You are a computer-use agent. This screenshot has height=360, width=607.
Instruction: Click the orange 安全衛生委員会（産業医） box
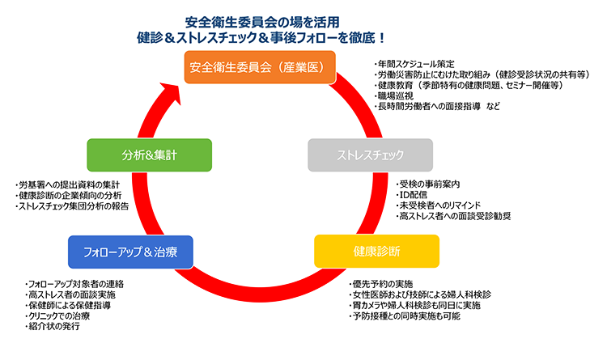[260, 67]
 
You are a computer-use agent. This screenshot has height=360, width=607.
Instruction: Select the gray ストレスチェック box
[370, 155]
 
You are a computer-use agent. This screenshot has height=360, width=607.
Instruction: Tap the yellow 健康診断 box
[376, 252]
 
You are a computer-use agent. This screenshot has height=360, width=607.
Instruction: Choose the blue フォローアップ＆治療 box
[130, 252]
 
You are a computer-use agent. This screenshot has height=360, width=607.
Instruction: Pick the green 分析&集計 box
[150, 155]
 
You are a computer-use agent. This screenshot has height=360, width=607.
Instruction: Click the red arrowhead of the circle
[171, 92]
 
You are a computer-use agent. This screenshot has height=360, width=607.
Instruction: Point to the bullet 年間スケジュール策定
[414, 64]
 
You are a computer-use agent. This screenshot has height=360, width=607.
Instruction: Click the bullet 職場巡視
[393, 95]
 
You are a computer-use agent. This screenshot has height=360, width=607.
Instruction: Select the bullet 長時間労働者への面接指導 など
[437, 106]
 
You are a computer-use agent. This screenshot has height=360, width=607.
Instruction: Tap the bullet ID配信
[412, 195]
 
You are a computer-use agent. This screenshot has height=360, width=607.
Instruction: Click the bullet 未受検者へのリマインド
[438, 205]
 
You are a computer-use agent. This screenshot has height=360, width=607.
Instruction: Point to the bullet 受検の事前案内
[428, 184]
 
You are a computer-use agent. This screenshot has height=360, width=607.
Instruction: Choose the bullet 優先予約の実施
[381, 284]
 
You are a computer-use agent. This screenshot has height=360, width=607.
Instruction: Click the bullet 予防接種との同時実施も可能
[405, 316]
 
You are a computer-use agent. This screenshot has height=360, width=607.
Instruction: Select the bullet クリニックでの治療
[57, 316]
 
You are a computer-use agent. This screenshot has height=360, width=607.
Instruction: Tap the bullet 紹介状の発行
[53, 326]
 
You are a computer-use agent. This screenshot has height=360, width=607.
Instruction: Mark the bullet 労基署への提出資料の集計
[67, 185]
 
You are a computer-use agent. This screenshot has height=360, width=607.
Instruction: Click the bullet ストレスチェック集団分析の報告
[72, 206]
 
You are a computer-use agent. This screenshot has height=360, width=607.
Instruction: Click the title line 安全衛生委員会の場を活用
[262, 23]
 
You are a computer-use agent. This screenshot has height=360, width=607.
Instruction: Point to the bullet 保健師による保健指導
[68, 306]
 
